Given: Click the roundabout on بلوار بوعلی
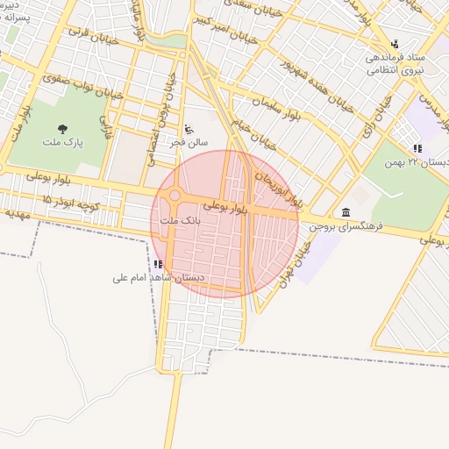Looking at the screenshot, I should pyautogui.click(x=174, y=196).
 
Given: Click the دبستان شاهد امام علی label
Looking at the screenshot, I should pyautogui.click(x=159, y=277).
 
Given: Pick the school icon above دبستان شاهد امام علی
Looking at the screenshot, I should pyautogui.click(x=158, y=264).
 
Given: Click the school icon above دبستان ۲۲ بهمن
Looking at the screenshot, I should pyautogui.click(x=417, y=149).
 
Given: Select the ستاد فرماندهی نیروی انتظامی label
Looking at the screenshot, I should pyautogui.click(x=396, y=61).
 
